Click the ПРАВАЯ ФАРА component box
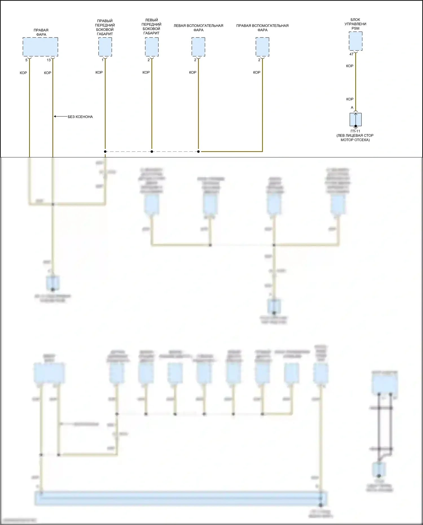[40, 47]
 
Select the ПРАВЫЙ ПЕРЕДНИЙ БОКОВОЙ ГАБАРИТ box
[105, 47]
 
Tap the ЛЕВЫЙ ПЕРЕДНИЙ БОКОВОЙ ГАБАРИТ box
[152, 47]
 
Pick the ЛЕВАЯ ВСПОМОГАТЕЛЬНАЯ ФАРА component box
[198, 47]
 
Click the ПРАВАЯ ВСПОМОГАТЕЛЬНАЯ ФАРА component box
[262, 47]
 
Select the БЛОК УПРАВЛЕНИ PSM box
[356, 41]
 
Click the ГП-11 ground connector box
[356, 120]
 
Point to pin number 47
[351, 54]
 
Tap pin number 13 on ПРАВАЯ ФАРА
[49, 60]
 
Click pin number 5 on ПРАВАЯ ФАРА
[27, 60]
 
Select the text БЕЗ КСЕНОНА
[80, 117]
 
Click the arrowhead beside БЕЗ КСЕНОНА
[55, 117]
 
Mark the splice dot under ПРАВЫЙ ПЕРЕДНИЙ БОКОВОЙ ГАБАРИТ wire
[105, 151]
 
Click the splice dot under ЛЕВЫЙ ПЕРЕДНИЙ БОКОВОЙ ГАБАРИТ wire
[152, 151]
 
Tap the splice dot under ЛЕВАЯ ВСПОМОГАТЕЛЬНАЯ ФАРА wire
[198, 151]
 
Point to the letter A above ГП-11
[352, 107]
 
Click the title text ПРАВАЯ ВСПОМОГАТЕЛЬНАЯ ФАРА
[262, 28]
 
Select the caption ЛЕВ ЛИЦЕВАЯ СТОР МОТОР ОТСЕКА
[355, 138]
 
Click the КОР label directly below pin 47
[350, 66]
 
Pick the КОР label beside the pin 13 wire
[48, 73]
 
